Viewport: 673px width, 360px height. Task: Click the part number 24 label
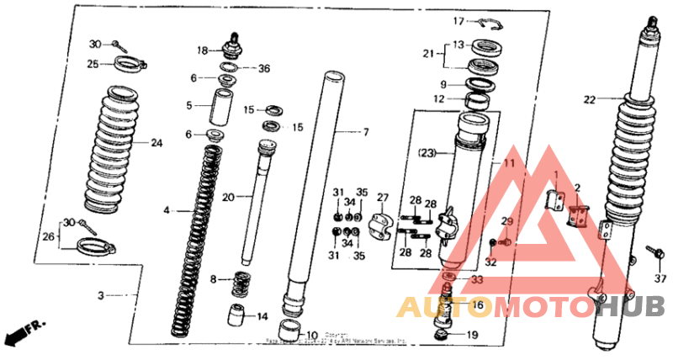coord(156,142)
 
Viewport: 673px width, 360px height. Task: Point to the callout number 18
coord(203,50)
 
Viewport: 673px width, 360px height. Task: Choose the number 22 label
coord(590,99)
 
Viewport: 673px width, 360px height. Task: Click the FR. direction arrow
coord(25,331)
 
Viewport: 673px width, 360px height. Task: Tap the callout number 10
coord(312,335)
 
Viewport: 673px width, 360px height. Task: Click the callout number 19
coord(472,335)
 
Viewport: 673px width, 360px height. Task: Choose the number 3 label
coord(101,296)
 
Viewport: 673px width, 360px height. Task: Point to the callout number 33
coord(476,280)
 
